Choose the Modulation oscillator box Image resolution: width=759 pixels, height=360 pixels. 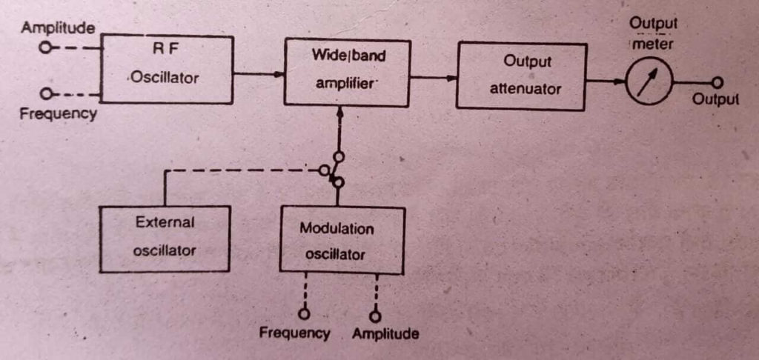coord(342,239)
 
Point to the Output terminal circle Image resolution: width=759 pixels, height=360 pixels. coord(717,83)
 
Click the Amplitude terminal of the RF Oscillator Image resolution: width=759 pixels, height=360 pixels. coord(47,47)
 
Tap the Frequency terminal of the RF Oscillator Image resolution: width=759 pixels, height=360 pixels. coord(47,94)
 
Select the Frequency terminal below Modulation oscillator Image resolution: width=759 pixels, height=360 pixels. coord(302,312)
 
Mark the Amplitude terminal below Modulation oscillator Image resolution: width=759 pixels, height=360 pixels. coord(377,312)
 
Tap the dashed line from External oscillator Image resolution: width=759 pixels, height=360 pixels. coord(237,170)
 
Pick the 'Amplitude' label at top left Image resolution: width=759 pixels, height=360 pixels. coord(58,28)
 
